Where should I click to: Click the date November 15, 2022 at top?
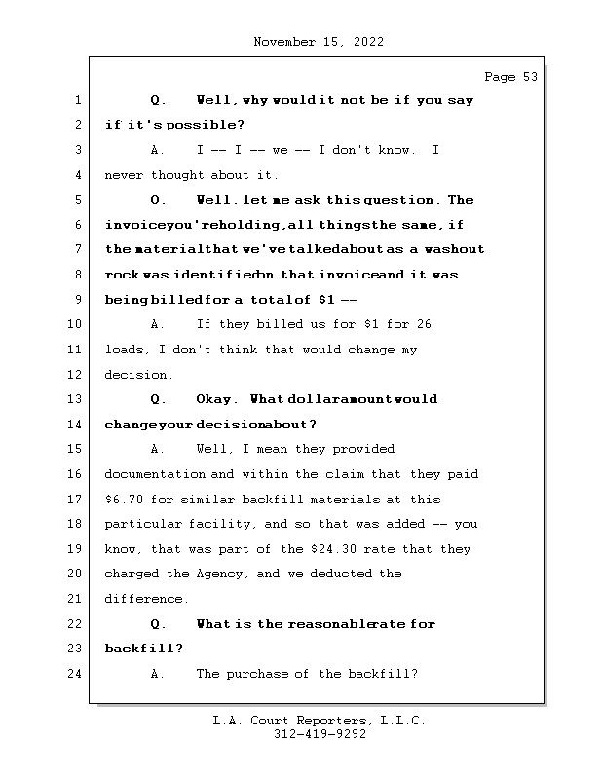pos(318,42)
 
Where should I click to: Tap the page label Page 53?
pos(510,77)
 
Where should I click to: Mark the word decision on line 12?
pos(136,375)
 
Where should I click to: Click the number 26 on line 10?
pos(423,324)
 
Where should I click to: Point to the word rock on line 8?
pos(122,275)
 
